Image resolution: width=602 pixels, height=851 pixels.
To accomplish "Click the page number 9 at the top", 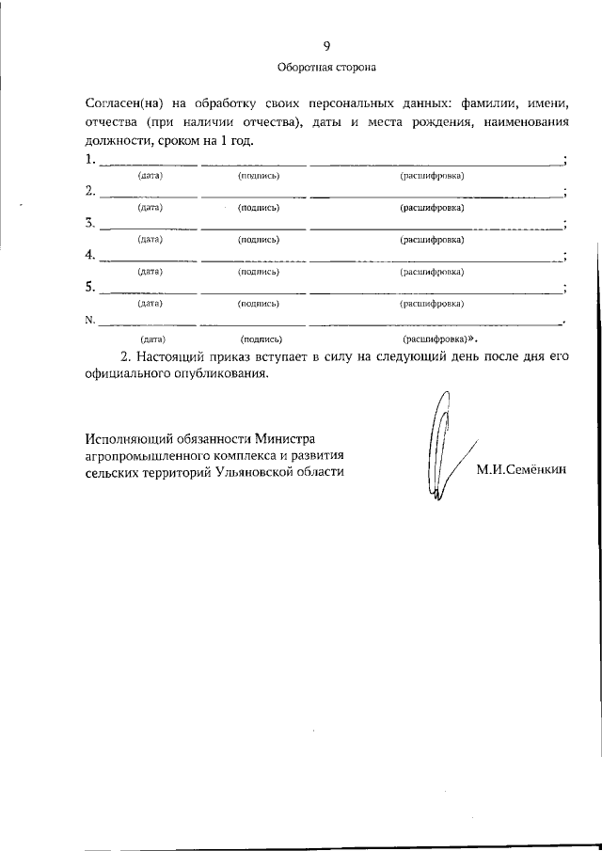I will click(326, 46).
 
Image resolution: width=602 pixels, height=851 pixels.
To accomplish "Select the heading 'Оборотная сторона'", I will click(326, 68).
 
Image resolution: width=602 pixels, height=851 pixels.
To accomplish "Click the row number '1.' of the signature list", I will click(89, 159).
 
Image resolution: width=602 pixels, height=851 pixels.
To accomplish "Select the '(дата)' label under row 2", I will click(150, 208).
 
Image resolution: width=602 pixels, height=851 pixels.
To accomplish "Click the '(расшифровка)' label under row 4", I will click(432, 272).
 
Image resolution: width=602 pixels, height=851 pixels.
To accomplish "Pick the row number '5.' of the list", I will click(89, 287).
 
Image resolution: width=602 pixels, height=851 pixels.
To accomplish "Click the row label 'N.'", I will click(89, 320).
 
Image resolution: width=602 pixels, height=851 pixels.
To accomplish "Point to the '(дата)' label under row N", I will click(152, 337).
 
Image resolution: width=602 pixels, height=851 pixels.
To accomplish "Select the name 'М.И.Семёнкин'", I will click(522, 472).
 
